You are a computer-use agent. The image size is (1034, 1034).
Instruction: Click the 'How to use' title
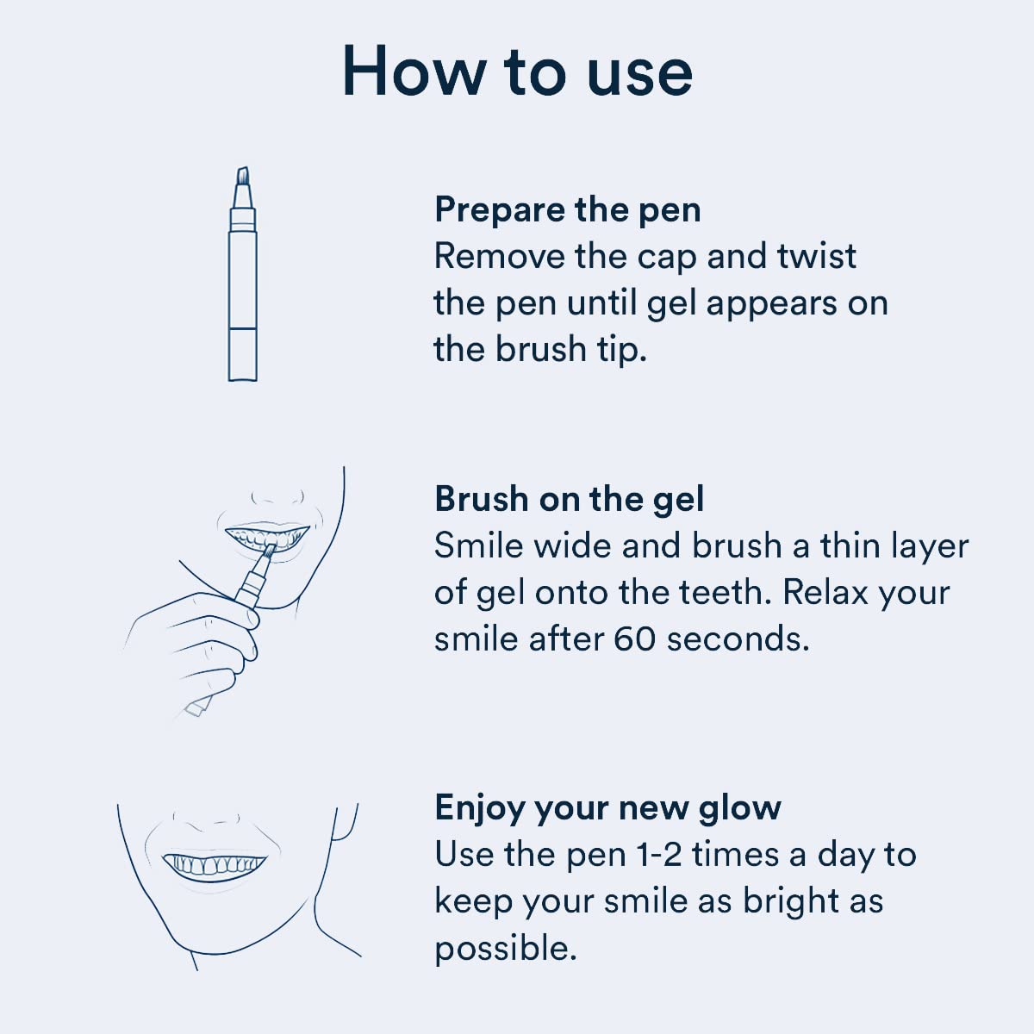[x=517, y=71]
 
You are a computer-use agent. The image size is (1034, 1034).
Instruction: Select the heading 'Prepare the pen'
[x=567, y=209]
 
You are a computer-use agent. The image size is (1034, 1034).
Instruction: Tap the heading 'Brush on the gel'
[x=569, y=499]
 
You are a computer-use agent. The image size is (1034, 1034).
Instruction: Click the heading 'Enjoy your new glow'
[x=607, y=807]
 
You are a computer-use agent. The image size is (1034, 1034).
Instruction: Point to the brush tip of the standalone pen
[x=243, y=177]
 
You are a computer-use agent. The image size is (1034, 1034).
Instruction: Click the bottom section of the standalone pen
[x=243, y=353]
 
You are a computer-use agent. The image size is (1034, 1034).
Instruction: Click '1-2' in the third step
[x=659, y=855]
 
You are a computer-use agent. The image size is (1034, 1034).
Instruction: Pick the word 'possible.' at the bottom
[x=505, y=948]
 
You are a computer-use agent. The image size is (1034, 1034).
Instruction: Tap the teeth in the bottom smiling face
[x=214, y=864]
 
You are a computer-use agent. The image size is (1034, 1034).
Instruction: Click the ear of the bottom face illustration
[x=345, y=823]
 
